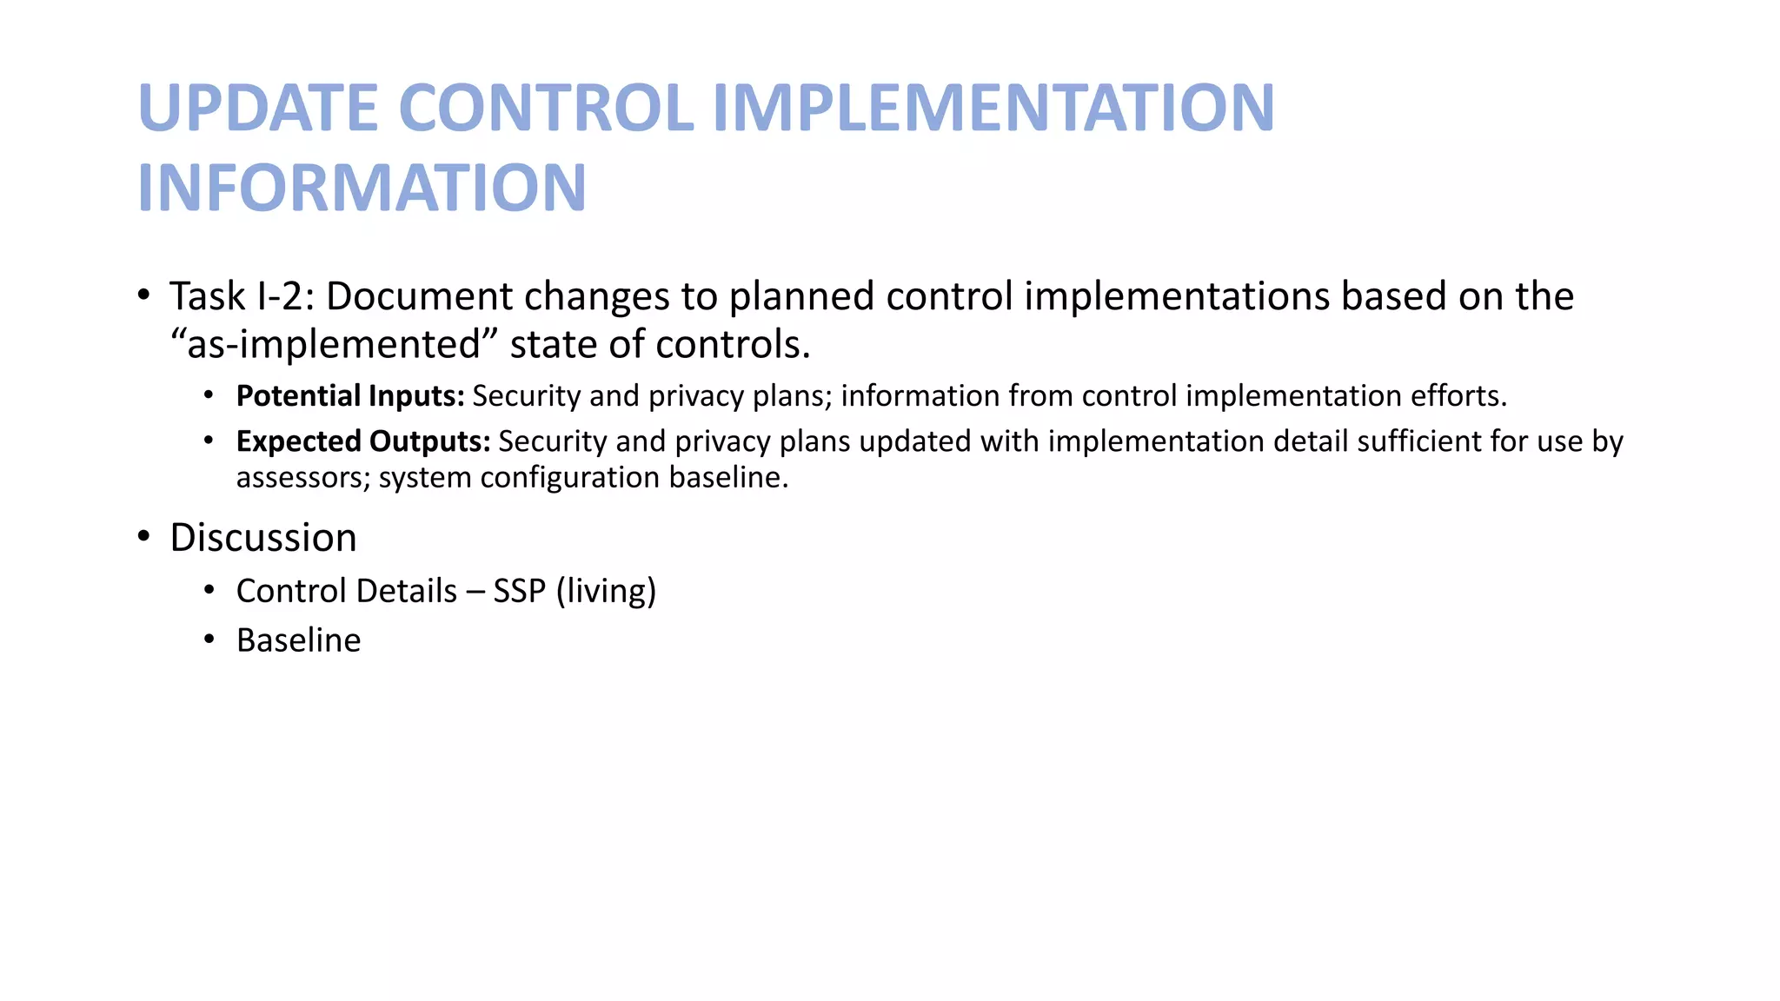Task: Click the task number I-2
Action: [285, 296]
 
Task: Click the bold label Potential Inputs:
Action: [350, 396]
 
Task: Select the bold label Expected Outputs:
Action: [363, 441]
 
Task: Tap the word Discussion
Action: [263, 538]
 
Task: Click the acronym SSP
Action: [519, 592]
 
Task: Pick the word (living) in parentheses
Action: [606, 592]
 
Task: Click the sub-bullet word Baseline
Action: [298, 640]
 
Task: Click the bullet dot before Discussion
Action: [144, 536]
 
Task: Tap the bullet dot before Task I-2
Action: [144, 295]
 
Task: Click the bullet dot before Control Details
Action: [209, 591]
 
